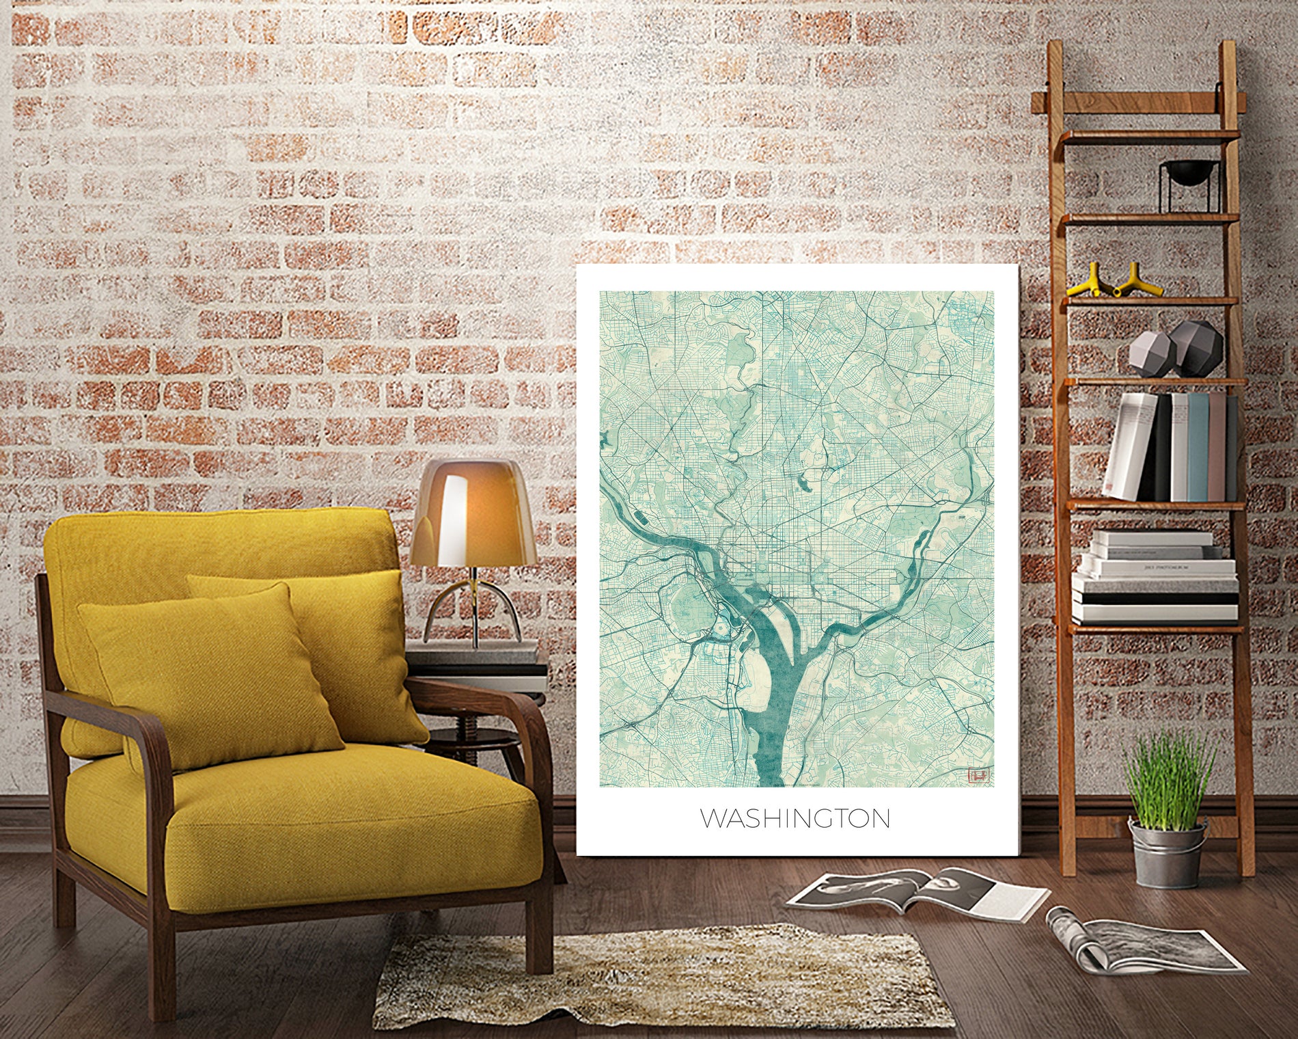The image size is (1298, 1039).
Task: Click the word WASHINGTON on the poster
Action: (x=795, y=818)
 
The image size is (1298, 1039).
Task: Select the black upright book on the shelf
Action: (x=1161, y=448)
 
